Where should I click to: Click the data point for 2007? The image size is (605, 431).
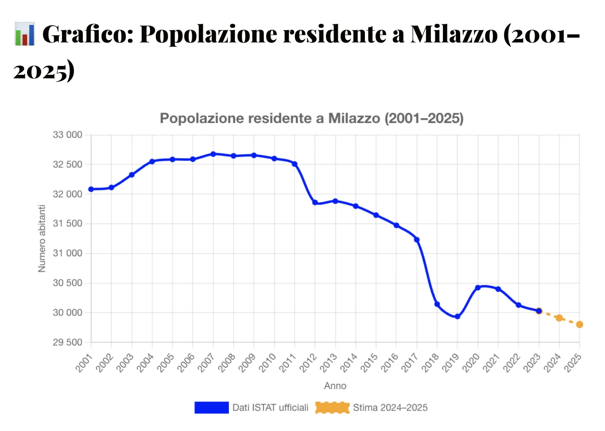[x=213, y=154]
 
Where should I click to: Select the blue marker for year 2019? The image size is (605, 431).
[x=458, y=316]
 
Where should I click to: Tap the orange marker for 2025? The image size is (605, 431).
[x=580, y=324]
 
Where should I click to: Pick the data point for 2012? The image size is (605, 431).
[x=315, y=202]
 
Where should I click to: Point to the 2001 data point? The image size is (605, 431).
[x=91, y=189]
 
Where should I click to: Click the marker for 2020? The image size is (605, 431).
[x=478, y=288]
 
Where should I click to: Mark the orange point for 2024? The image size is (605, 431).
[x=559, y=318]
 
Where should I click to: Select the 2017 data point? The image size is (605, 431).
[x=417, y=240]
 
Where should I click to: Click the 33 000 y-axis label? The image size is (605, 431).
[x=67, y=135]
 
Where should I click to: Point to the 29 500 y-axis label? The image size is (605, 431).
[x=67, y=342]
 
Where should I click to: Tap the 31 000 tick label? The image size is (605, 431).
[x=67, y=253]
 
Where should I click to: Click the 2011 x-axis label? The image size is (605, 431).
[x=287, y=362]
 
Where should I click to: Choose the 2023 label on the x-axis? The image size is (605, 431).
[x=532, y=362]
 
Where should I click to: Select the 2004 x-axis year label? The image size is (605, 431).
[x=145, y=362]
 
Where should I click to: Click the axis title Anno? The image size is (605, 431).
[x=335, y=386]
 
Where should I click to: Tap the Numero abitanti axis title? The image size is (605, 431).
[x=42, y=239]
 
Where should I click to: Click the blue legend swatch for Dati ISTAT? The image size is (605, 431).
[x=211, y=408]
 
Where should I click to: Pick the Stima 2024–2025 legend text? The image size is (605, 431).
[x=390, y=408]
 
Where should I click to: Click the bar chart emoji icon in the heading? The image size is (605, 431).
[x=24, y=34]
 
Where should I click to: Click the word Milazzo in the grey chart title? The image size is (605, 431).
[x=354, y=118]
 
